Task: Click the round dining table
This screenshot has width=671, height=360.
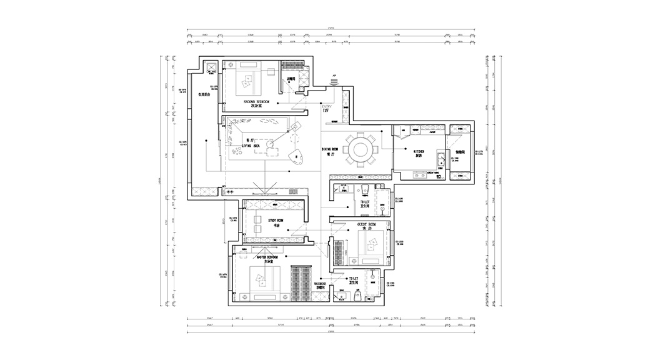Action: point(360,151)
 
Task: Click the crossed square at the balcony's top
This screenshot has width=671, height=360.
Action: point(211,67)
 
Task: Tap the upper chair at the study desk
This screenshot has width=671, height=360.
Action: point(257,219)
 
